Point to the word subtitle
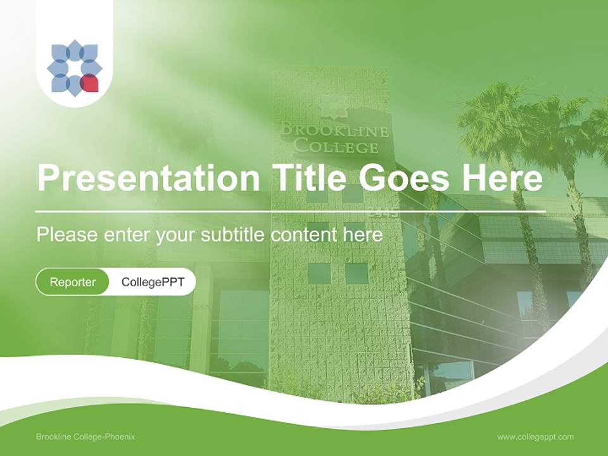[x=234, y=234]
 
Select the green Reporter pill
[x=72, y=282]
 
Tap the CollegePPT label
[x=153, y=282]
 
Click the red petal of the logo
[x=90, y=83]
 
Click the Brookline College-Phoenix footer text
[x=85, y=437]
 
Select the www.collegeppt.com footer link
[x=535, y=437]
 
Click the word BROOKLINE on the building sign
[x=334, y=130]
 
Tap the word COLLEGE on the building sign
[x=336, y=147]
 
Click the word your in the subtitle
[x=175, y=236]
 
